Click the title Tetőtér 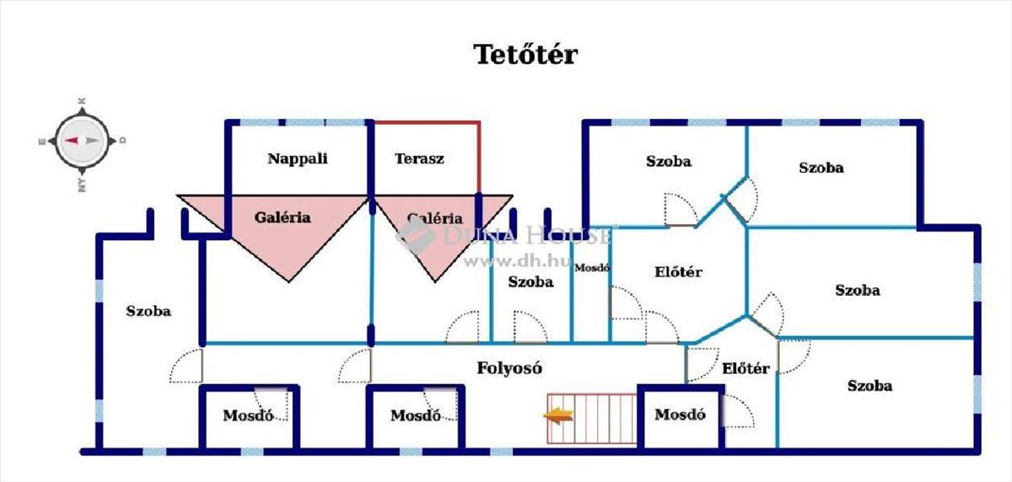pos(525,55)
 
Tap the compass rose pos(82,142)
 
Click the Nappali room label pos(297,158)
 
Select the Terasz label pos(419,158)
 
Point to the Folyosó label pos(509,367)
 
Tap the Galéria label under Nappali pos(283,217)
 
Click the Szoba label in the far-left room pos(148,311)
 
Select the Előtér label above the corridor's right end pos(678,272)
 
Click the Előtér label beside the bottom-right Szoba pos(746,368)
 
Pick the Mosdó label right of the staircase pos(680,415)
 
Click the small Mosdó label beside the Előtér pos(591,268)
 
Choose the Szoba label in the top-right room pos(821,168)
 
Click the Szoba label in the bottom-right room pos(869,386)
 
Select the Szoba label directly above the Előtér pos(669,161)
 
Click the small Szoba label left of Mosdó pos(530,281)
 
